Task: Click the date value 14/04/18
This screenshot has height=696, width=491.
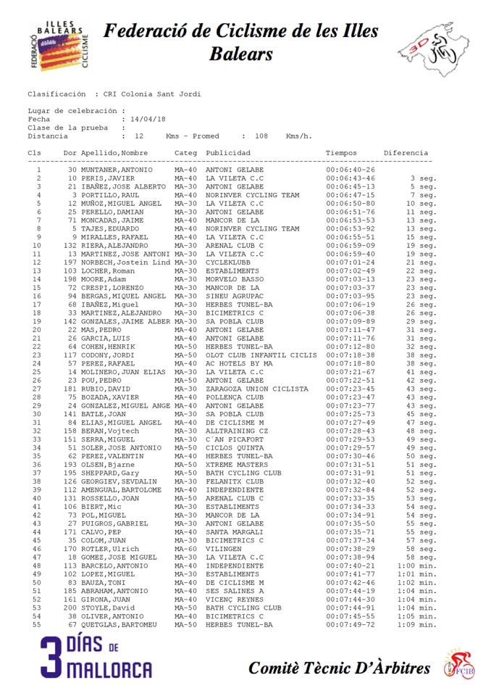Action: [x=148, y=119]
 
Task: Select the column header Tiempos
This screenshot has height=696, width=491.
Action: [x=341, y=153]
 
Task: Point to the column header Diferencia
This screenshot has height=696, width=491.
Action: [x=406, y=153]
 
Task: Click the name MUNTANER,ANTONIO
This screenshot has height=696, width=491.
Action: [x=117, y=170]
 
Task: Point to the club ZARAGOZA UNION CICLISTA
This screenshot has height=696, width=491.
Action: [x=257, y=389]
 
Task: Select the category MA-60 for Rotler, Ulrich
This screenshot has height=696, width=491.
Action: [x=186, y=549]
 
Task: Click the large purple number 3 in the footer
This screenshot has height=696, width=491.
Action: [x=52, y=658]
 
